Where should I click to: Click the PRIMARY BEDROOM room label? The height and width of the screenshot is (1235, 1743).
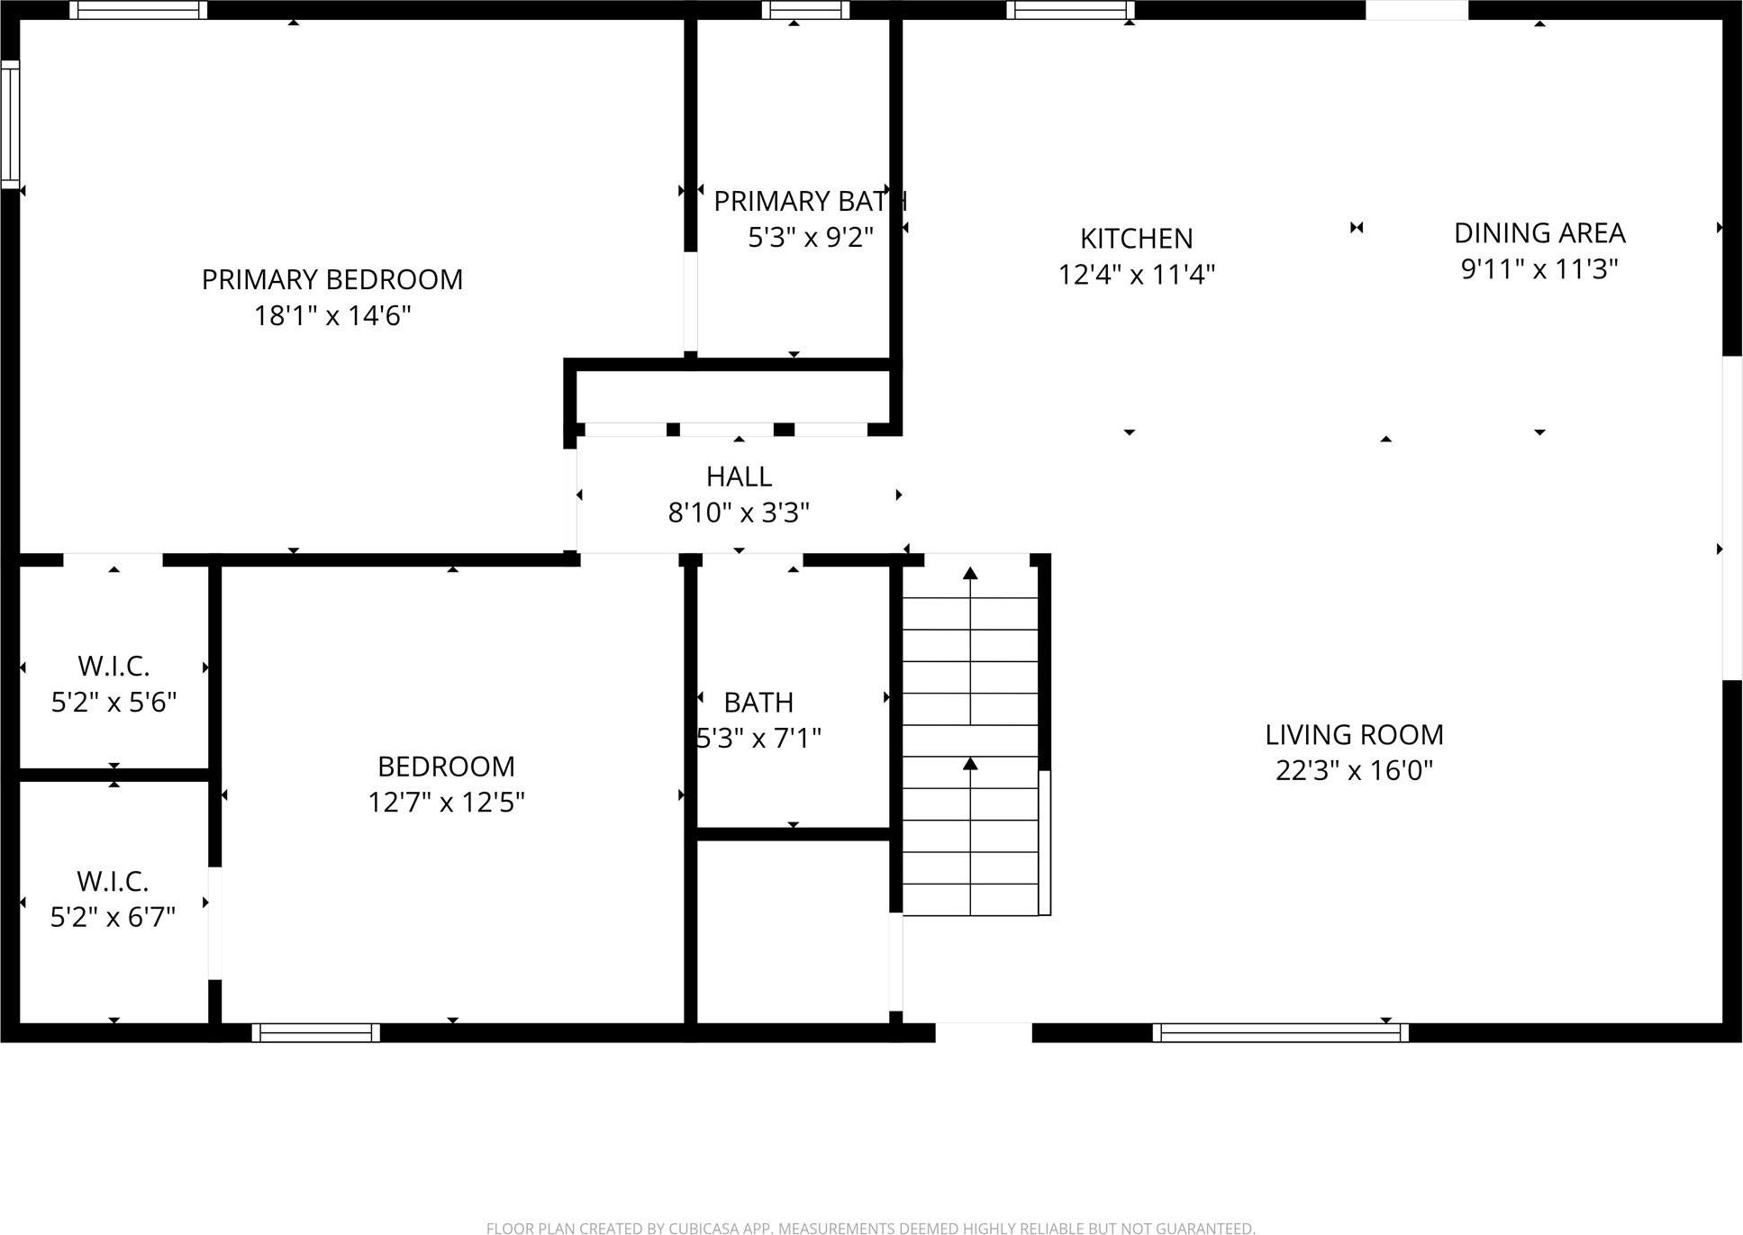click(331, 279)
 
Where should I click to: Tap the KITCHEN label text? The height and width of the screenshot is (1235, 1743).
click(1136, 239)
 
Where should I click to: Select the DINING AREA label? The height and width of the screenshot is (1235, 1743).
click(1539, 233)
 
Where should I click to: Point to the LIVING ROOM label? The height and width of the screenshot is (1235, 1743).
click(1354, 735)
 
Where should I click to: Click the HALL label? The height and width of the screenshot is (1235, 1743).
click(739, 477)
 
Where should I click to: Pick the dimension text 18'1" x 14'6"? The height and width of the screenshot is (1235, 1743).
click(331, 316)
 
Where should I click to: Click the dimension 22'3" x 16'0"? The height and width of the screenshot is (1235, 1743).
click(1354, 771)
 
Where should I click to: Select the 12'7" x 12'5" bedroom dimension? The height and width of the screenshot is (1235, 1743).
click(446, 802)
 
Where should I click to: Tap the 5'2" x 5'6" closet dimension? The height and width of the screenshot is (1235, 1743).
click(113, 703)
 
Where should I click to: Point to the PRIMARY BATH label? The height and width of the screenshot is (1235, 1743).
click(809, 201)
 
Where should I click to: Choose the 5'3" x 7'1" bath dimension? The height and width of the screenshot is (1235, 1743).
click(758, 739)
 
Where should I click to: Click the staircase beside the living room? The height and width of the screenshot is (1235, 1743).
click(971, 739)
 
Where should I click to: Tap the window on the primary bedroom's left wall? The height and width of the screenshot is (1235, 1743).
click(10, 123)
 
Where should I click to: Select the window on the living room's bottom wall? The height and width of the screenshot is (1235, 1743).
click(1280, 1032)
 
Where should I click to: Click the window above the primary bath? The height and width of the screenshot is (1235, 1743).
click(805, 10)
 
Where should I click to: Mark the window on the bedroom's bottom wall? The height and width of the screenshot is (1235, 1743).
click(315, 1032)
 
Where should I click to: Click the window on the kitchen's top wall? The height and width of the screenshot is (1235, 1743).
click(1070, 10)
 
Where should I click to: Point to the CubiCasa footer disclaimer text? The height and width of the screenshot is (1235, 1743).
click(870, 1228)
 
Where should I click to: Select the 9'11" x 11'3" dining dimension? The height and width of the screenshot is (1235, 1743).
click(1539, 269)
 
